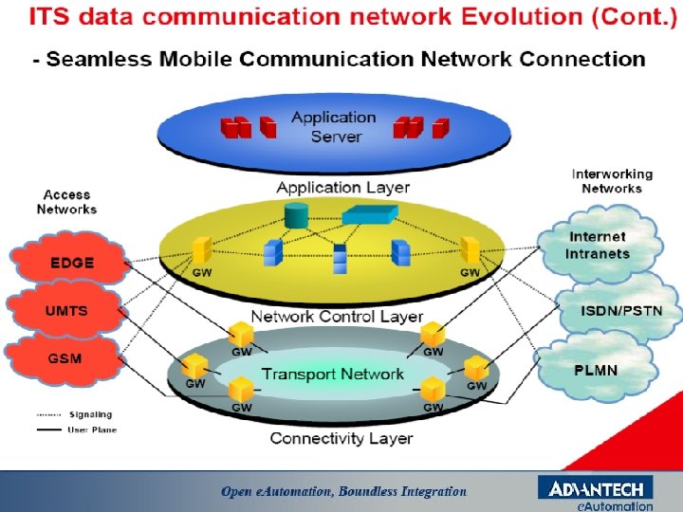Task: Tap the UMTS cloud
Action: (66, 311)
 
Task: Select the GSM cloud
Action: (65, 358)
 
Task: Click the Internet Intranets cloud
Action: (597, 246)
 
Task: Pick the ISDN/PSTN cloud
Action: (621, 310)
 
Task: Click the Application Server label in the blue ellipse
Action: (335, 127)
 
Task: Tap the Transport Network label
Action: (332, 374)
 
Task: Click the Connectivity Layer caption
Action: (341, 438)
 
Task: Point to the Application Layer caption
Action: (342, 188)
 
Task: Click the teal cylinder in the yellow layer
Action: (296, 216)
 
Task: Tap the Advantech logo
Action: (596, 490)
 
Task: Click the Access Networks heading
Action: (66, 202)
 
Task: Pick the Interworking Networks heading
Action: (612, 181)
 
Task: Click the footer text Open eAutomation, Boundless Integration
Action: (343, 491)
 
